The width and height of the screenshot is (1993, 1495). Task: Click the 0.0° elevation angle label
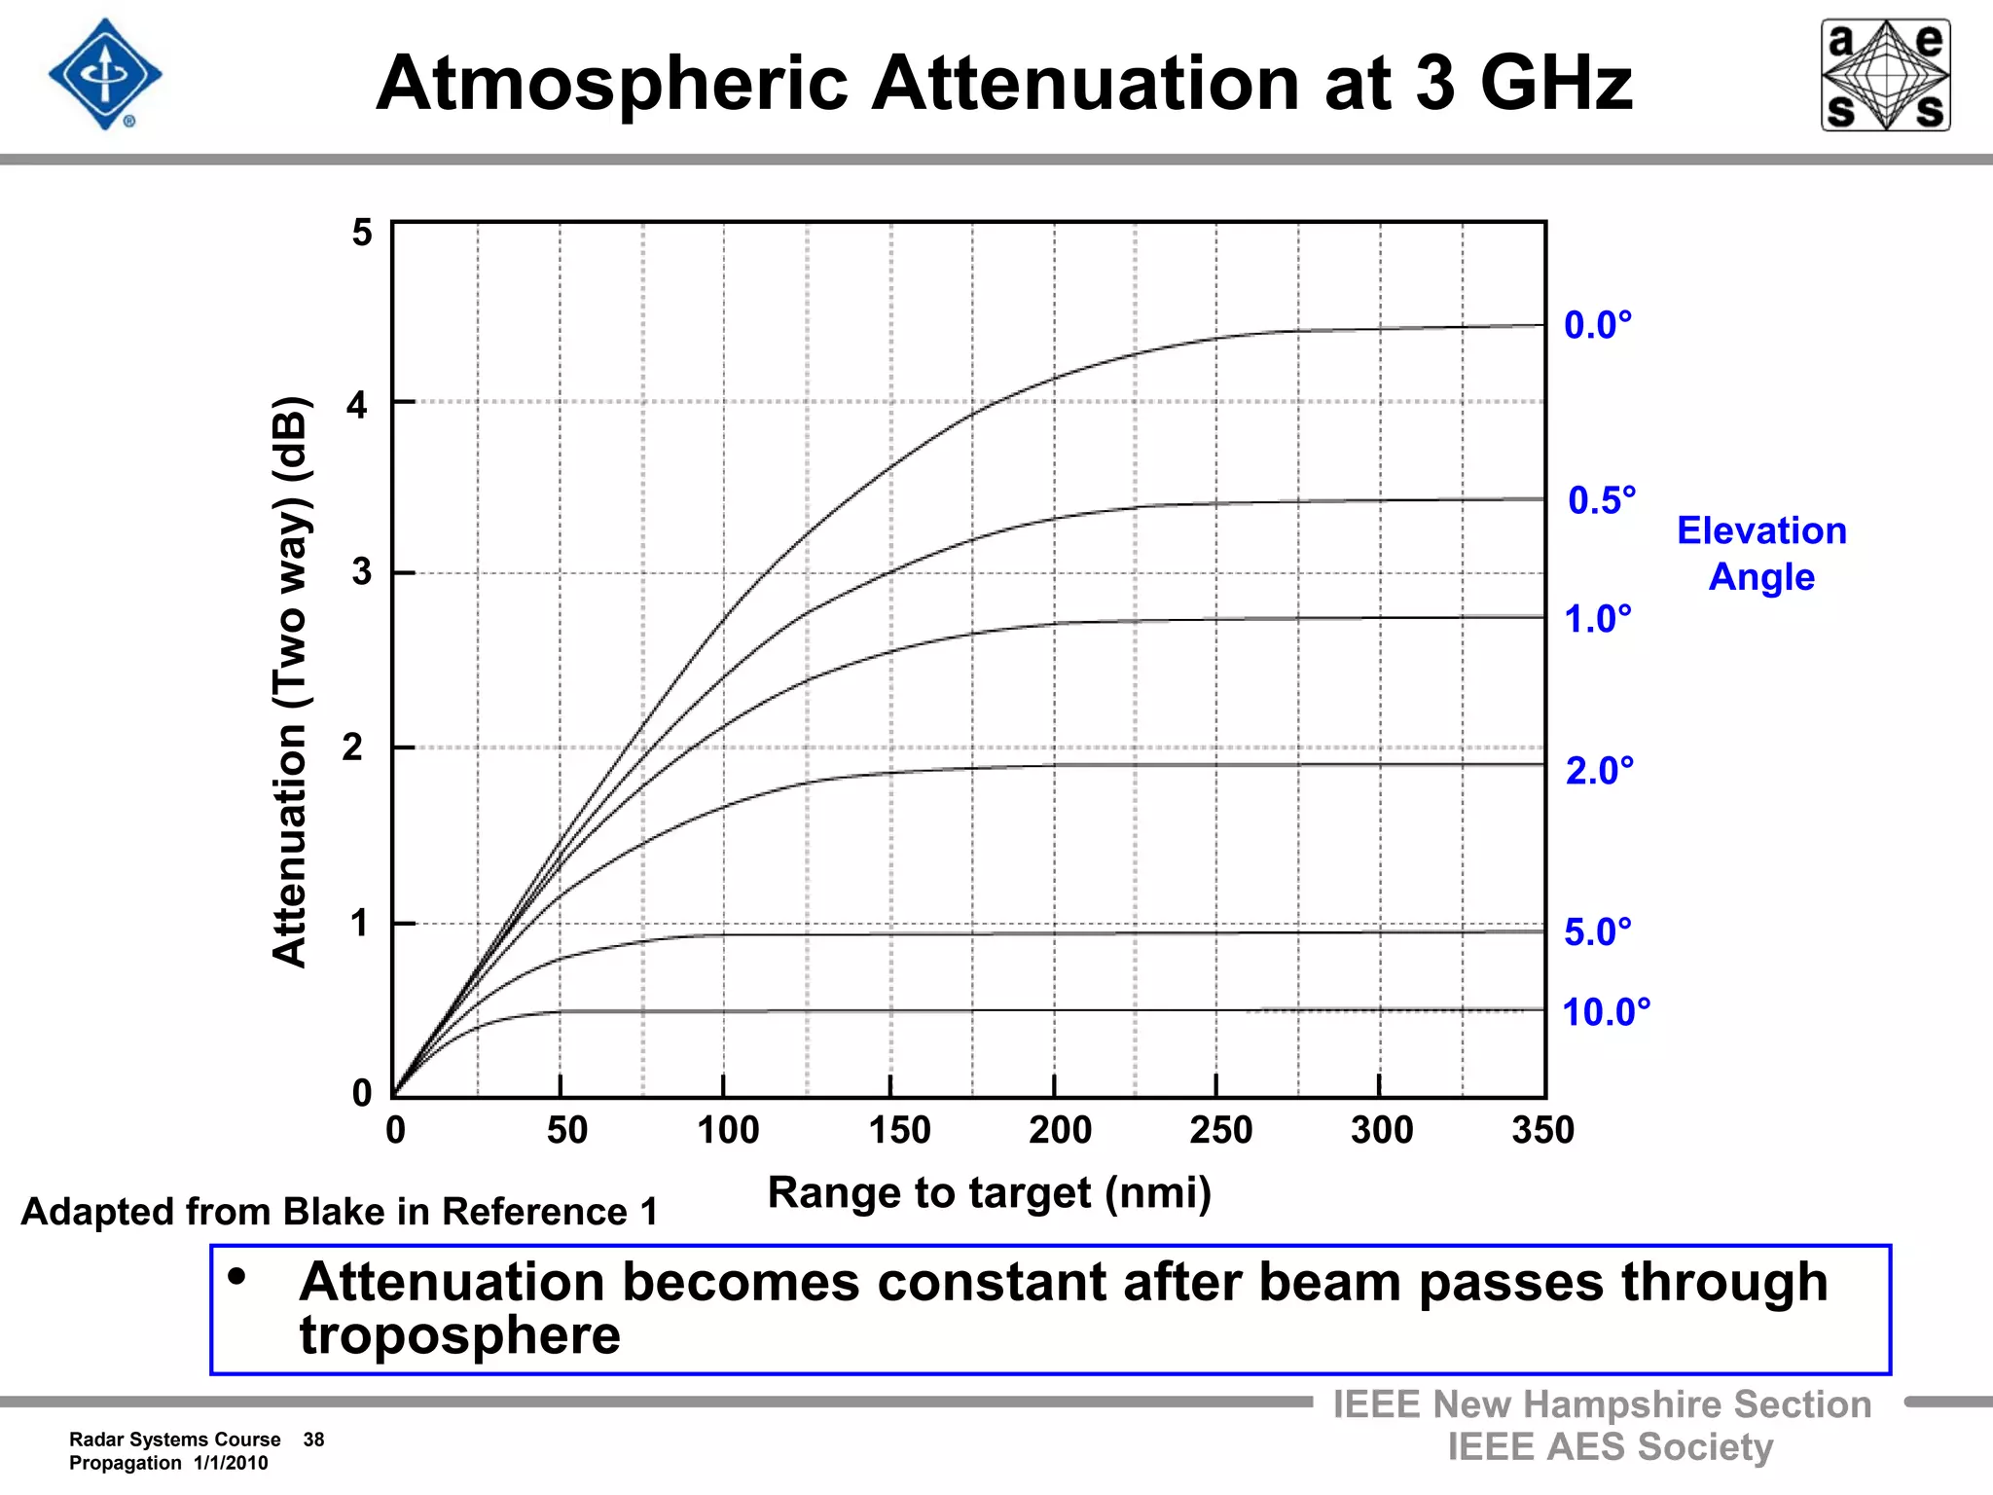click(x=1597, y=325)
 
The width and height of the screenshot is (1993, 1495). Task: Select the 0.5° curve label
click(x=1601, y=500)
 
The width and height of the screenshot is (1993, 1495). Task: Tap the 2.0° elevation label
click(x=1599, y=771)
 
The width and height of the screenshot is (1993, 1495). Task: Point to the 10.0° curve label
click(x=1606, y=1012)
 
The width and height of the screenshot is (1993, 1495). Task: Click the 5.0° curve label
click(x=1597, y=932)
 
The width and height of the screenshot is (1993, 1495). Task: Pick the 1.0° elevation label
click(x=1597, y=619)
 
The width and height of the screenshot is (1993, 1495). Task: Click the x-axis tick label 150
click(x=899, y=1131)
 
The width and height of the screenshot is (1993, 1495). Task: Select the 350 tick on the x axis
click(x=1542, y=1131)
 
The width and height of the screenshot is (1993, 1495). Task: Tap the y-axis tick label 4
click(x=357, y=405)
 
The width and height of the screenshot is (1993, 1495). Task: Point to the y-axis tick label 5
click(x=362, y=234)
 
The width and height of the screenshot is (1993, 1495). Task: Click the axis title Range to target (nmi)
click(x=989, y=1193)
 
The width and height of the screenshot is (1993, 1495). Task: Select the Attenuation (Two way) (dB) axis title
click(x=290, y=681)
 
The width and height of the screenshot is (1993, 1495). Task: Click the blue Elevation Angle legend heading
click(x=1761, y=553)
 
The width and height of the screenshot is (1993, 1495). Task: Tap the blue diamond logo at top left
click(x=105, y=74)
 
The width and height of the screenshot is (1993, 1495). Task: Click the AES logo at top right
click(x=1885, y=75)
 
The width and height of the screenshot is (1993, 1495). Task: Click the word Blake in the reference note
click(x=337, y=1212)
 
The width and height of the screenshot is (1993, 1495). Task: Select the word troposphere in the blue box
click(x=459, y=1334)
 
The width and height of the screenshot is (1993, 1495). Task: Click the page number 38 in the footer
click(x=313, y=1440)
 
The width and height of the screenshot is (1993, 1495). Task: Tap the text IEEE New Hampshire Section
click(x=1602, y=1404)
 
